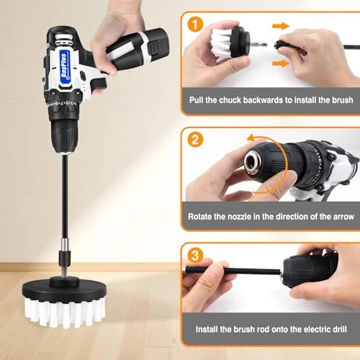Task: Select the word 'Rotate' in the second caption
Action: coord(202,216)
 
